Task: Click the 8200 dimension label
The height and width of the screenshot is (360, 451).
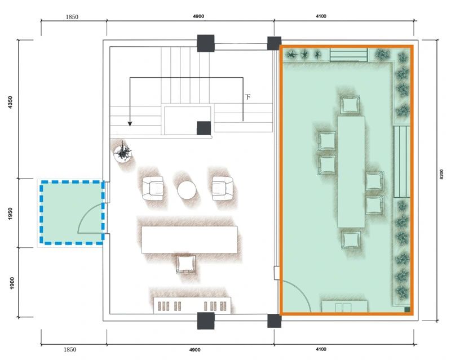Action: point(441,174)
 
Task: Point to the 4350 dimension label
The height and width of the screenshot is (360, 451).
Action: point(11,103)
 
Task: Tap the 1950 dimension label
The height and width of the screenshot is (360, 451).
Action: point(11,214)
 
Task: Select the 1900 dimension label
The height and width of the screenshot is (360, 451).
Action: point(11,283)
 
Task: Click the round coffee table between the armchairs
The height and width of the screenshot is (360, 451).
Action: point(187,190)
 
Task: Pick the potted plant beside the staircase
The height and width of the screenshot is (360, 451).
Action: point(123,153)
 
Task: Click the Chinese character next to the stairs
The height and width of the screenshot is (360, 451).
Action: point(247,96)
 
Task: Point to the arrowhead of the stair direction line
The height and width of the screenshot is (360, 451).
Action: point(130,123)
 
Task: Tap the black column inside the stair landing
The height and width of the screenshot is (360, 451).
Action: point(204,128)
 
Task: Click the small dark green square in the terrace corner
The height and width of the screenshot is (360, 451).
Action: point(407,309)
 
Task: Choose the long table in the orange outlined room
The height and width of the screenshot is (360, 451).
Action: point(351,172)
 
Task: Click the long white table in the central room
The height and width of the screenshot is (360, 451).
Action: point(189,239)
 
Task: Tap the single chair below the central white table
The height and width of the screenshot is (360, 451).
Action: point(186,264)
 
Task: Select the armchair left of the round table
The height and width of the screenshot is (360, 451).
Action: point(153,188)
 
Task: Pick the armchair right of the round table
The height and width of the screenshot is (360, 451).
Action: point(222,188)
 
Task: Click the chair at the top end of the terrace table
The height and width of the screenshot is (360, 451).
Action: point(350,105)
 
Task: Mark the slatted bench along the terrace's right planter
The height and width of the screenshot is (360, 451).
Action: point(402,162)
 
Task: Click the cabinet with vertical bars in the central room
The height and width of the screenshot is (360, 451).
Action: point(192,305)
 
